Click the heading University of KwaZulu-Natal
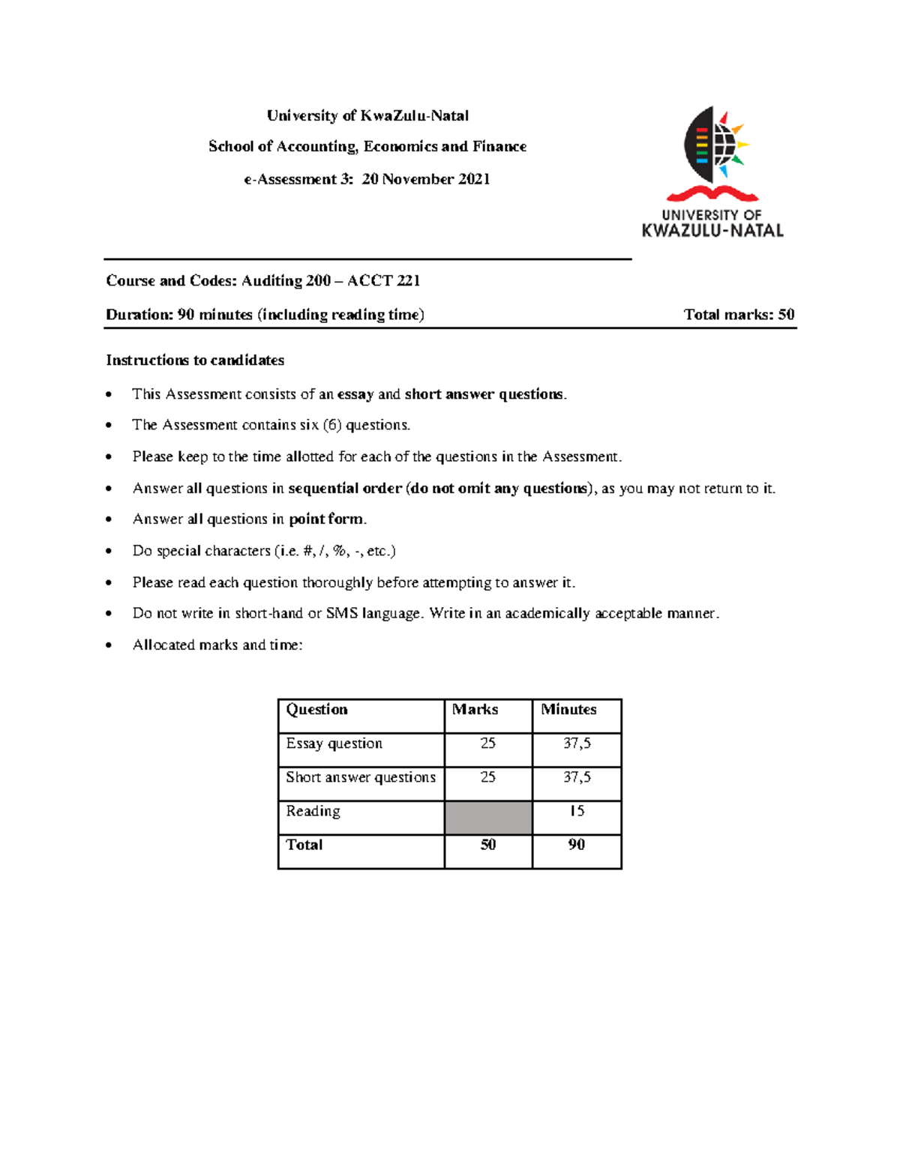[x=367, y=115]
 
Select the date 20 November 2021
[x=426, y=179]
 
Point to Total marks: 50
[x=739, y=315]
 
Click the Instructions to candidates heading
[x=195, y=361]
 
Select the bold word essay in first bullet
[x=355, y=394]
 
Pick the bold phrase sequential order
[x=345, y=488]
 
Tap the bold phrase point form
[x=326, y=519]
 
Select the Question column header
[x=316, y=709]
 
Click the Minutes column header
[x=568, y=709]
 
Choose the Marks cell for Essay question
[x=488, y=744]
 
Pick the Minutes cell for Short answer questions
[x=577, y=777]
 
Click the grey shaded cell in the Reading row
[x=488, y=818]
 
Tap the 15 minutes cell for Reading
[x=577, y=811]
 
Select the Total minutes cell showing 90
[x=577, y=845]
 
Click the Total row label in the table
[x=304, y=845]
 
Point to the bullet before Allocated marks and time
[x=109, y=645]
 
